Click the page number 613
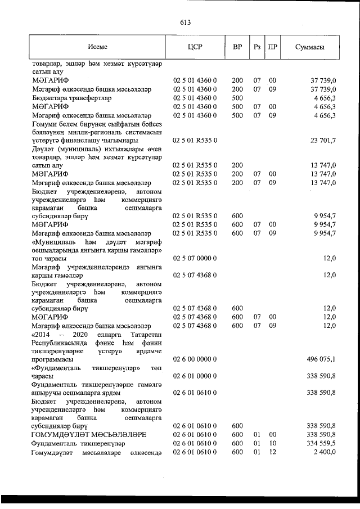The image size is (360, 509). point(186,22)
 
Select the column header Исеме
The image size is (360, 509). point(97,47)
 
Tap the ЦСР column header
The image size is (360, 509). point(195,47)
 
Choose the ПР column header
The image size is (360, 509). point(272,47)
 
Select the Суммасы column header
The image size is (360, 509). point(309,47)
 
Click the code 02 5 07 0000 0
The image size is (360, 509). point(195,258)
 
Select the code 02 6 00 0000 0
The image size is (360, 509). point(195,359)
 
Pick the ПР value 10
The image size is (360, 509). point(272,443)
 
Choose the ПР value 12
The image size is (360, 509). point(272,452)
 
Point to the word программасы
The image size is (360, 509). point(52,359)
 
